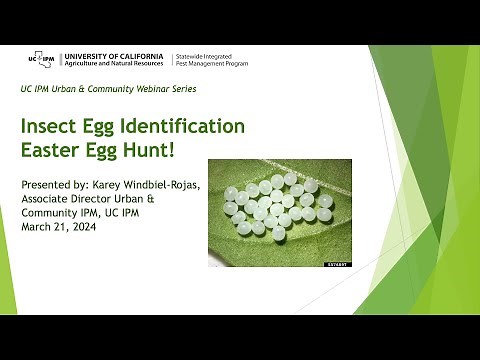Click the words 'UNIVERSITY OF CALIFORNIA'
pyautogui.click(x=116, y=54)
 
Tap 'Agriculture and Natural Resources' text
pyautogui.click(x=115, y=65)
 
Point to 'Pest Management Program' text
pyautogui.click(x=211, y=65)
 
